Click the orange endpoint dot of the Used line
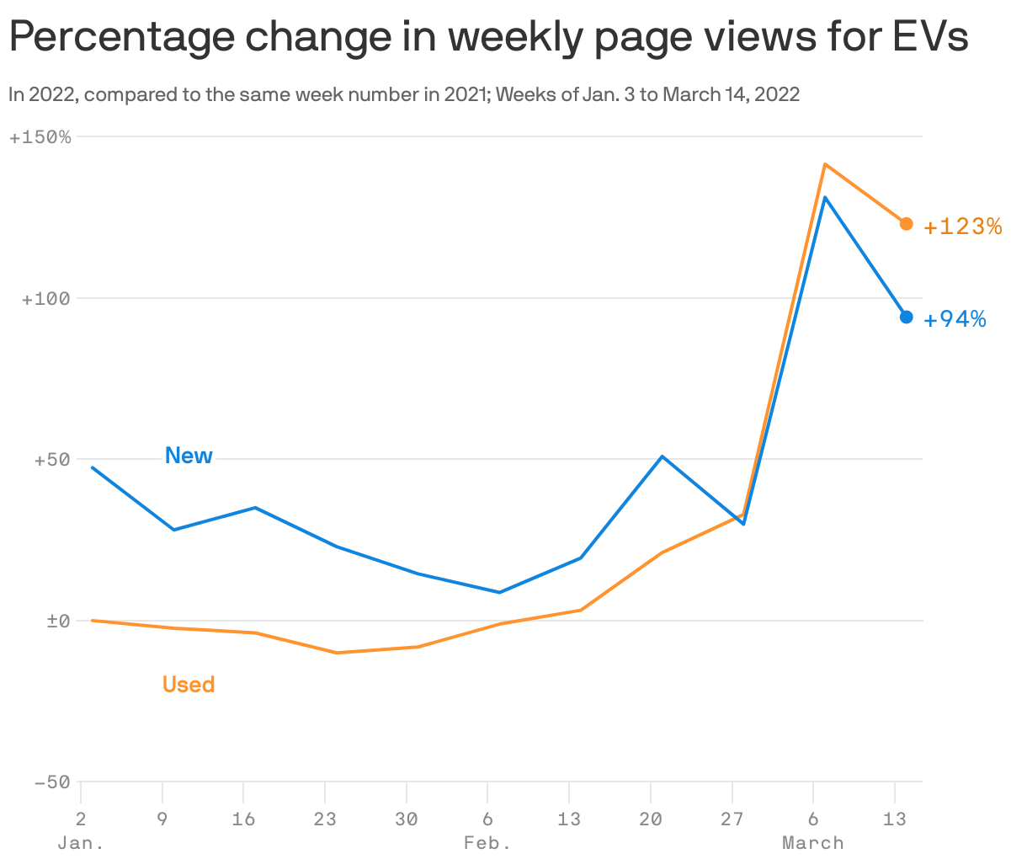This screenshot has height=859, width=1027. (906, 224)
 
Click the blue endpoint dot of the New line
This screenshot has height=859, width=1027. (906, 317)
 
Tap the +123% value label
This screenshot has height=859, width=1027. (963, 227)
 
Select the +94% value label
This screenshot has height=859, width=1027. (955, 319)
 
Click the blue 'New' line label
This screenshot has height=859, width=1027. (189, 456)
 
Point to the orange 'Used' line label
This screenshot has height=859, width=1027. (189, 685)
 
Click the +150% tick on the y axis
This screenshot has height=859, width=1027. (40, 137)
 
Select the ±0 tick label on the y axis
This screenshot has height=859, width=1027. (56, 622)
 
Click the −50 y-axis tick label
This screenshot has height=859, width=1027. (51, 782)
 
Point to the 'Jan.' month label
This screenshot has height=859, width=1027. (81, 843)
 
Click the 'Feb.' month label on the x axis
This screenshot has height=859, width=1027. (487, 843)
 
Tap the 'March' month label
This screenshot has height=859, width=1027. (812, 843)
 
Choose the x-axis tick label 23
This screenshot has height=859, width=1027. (325, 819)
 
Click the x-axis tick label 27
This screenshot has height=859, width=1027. (732, 819)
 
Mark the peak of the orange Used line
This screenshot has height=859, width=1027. (825, 164)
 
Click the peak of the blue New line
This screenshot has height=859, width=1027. (825, 197)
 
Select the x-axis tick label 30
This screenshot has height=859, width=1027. (407, 819)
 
